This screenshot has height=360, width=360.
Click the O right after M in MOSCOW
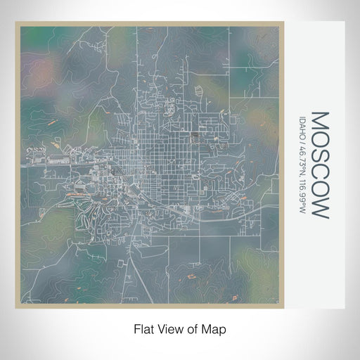pos(319,139)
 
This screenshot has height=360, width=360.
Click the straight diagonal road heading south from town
pos(127,278)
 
